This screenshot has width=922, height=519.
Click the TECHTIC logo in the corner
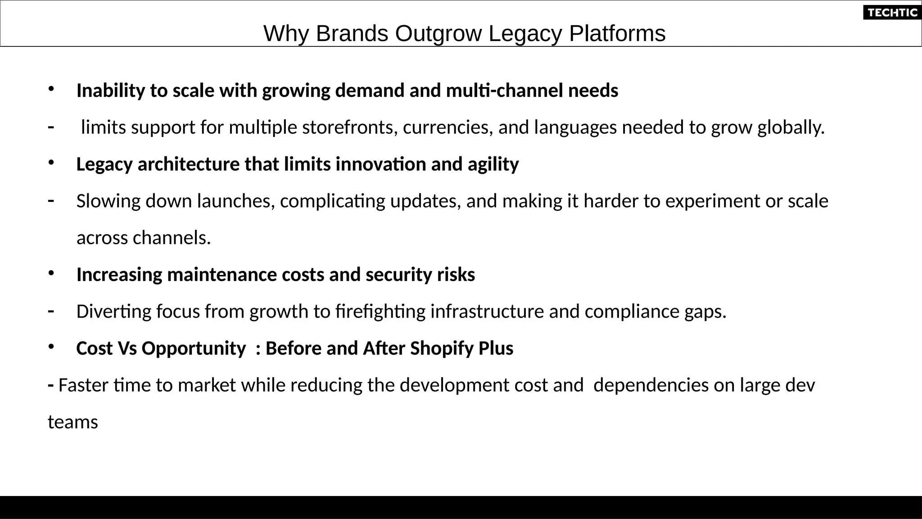pos(892,13)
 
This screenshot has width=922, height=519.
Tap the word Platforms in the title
pos(617,34)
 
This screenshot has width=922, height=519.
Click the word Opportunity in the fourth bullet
pos(194,349)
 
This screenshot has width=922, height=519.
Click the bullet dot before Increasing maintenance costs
pos(51,273)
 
